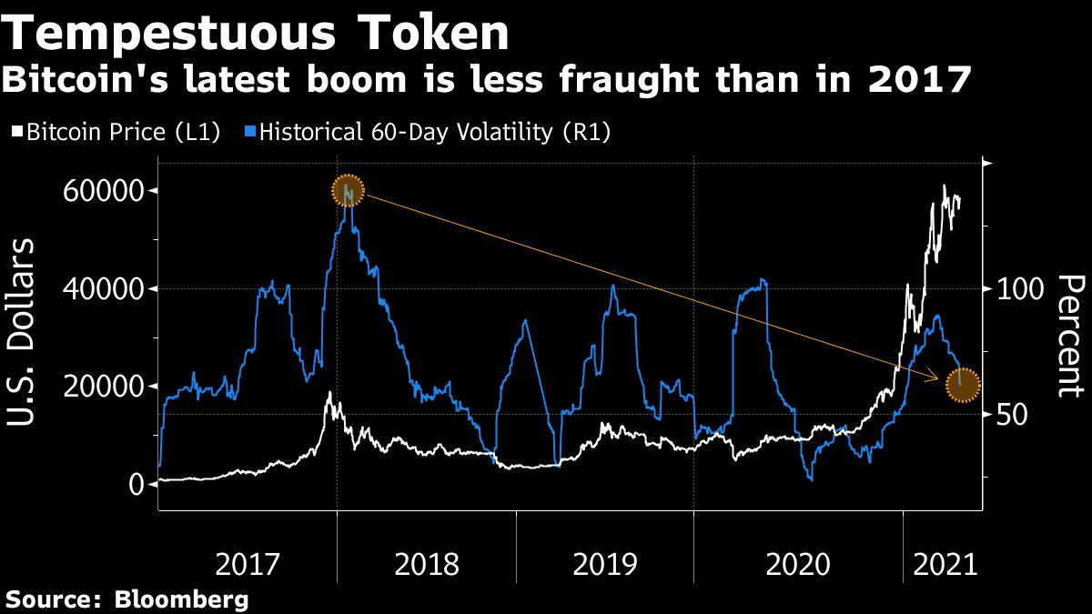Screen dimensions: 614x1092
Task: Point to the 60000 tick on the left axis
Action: click(x=103, y=191)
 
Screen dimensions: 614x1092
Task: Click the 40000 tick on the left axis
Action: click(x=103, y=289)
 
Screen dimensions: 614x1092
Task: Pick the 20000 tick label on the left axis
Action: click(x=103, y=387)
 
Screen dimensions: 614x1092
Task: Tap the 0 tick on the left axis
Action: click(x=136, y=484)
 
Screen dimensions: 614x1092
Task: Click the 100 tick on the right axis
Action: click(x=1017, y=289)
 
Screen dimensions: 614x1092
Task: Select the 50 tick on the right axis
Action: click(x=1010, y=415)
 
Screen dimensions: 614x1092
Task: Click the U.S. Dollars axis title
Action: click(x=23, y=332)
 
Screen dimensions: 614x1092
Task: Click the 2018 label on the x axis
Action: click(x=427, y=565)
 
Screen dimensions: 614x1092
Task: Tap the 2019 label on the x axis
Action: click(x=605, y=565)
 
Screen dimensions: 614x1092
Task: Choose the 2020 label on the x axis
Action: click(x=798, y=565)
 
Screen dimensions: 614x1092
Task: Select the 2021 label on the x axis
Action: click(x=945, y=565)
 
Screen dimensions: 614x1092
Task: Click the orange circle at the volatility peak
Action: click(x=348, y=191)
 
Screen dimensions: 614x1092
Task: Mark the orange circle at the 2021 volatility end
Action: click(x=963, y=385)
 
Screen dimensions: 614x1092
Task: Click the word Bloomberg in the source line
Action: click(x=182, y=599)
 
